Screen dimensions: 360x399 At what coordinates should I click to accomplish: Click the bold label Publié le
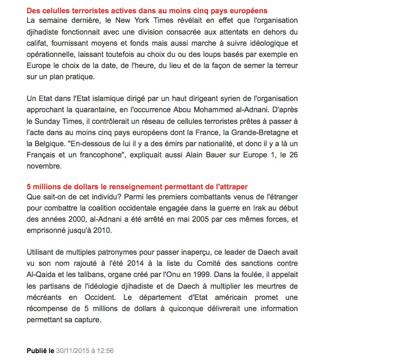click(40, 351)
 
